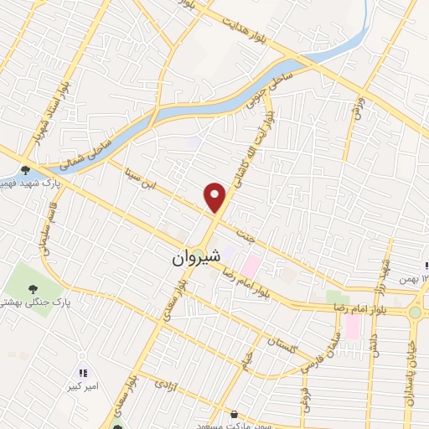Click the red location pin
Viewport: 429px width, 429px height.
pos(215,197)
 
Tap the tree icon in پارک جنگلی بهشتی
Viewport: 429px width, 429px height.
pos(33,290)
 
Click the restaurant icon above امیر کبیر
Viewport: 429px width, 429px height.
pos(82,373)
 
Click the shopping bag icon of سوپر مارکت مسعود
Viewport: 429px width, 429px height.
pos(234,414)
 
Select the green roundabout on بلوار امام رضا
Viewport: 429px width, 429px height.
pos(415,313)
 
